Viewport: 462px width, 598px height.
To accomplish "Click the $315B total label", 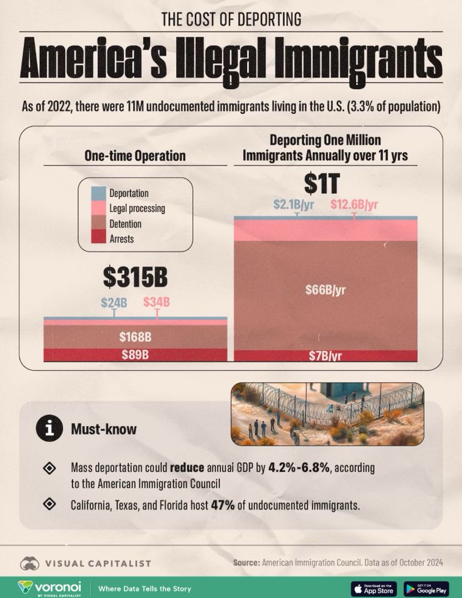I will [x=135, y=277].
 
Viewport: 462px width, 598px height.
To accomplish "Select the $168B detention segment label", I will [x=135, y=337].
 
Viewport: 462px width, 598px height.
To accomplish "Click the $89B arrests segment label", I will [x=135, y=355].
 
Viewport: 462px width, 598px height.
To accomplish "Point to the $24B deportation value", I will [x=114, y=302].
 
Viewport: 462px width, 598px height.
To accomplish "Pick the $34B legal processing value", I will [x=157, y=302].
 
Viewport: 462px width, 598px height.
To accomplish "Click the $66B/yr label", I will [x=326, y=291].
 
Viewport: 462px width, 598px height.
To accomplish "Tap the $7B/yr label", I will [x=326, y=356].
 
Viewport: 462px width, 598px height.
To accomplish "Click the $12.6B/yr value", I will [x=354, y=205].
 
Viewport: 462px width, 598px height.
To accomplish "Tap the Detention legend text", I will [x=126, y=224].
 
